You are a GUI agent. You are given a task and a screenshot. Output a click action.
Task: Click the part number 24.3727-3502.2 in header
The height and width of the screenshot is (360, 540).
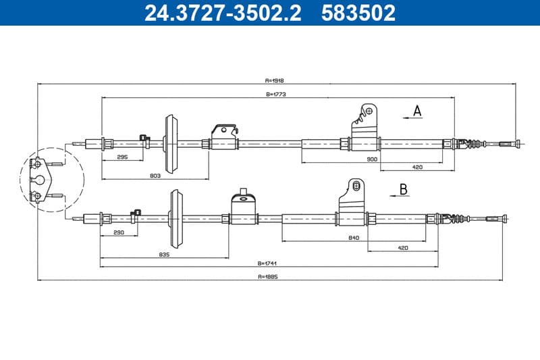[223, 13]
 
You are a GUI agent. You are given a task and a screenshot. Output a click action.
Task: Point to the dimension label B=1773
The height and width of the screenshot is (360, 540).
[277, 95]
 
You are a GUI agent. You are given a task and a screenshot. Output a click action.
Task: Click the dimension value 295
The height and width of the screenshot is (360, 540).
[122, 157]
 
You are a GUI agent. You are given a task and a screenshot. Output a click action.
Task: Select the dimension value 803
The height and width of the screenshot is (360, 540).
[154, 176]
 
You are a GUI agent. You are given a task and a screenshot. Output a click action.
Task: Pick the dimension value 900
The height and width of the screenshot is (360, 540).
[371, 159]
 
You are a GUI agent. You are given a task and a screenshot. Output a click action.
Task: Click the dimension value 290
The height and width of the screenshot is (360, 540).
[119, 233]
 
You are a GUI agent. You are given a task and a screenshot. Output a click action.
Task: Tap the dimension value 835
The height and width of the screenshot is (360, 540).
[163, 255]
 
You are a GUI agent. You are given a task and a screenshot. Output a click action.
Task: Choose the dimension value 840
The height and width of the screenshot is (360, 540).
[354, 238]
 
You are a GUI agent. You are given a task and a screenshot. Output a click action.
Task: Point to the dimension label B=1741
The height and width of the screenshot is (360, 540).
[268, 263]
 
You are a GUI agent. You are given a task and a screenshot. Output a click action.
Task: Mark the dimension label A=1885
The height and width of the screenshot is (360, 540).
[268, 276]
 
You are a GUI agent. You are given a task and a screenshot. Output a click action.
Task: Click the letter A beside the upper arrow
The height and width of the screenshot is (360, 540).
[417, 111]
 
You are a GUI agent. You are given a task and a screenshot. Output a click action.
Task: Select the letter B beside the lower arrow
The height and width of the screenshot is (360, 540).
[403, 189]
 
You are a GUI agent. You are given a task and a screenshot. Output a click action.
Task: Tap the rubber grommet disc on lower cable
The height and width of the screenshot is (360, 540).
[178, 218]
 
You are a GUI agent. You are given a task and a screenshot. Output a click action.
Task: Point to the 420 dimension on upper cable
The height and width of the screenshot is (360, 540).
[417, 167]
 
